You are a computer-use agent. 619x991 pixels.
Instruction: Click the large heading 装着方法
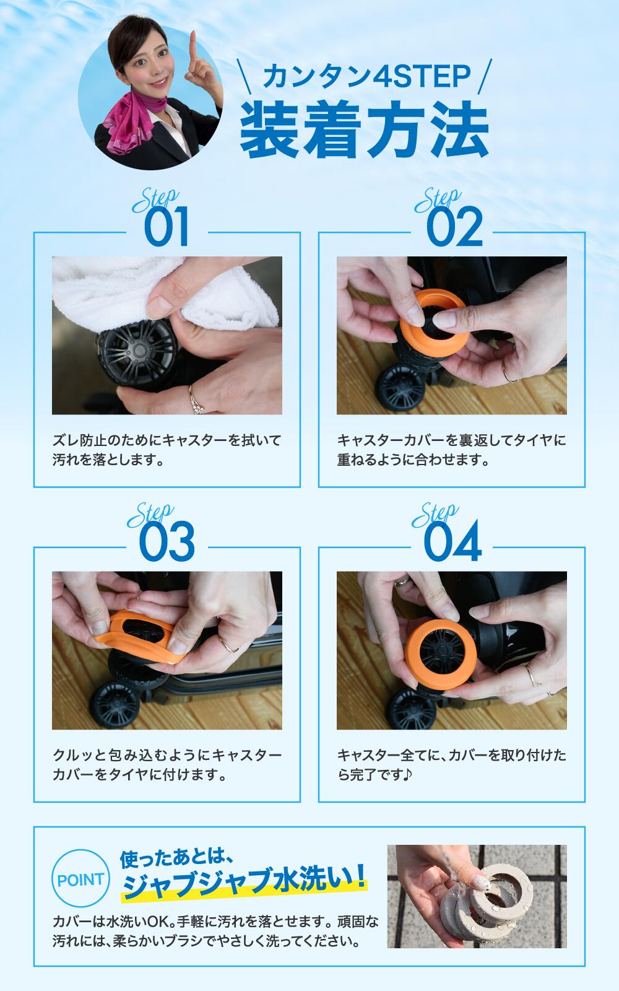[364, 129]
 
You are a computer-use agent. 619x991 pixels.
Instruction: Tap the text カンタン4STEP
[367, 76]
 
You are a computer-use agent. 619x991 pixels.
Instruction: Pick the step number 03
[167, 541]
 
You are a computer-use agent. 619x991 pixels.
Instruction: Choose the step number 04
[452, 541]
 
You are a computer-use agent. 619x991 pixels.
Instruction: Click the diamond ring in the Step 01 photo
[195, 400]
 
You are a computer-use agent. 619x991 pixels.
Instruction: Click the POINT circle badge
[80, 880]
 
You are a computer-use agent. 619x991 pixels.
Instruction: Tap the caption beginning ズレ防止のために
[167, 450]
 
